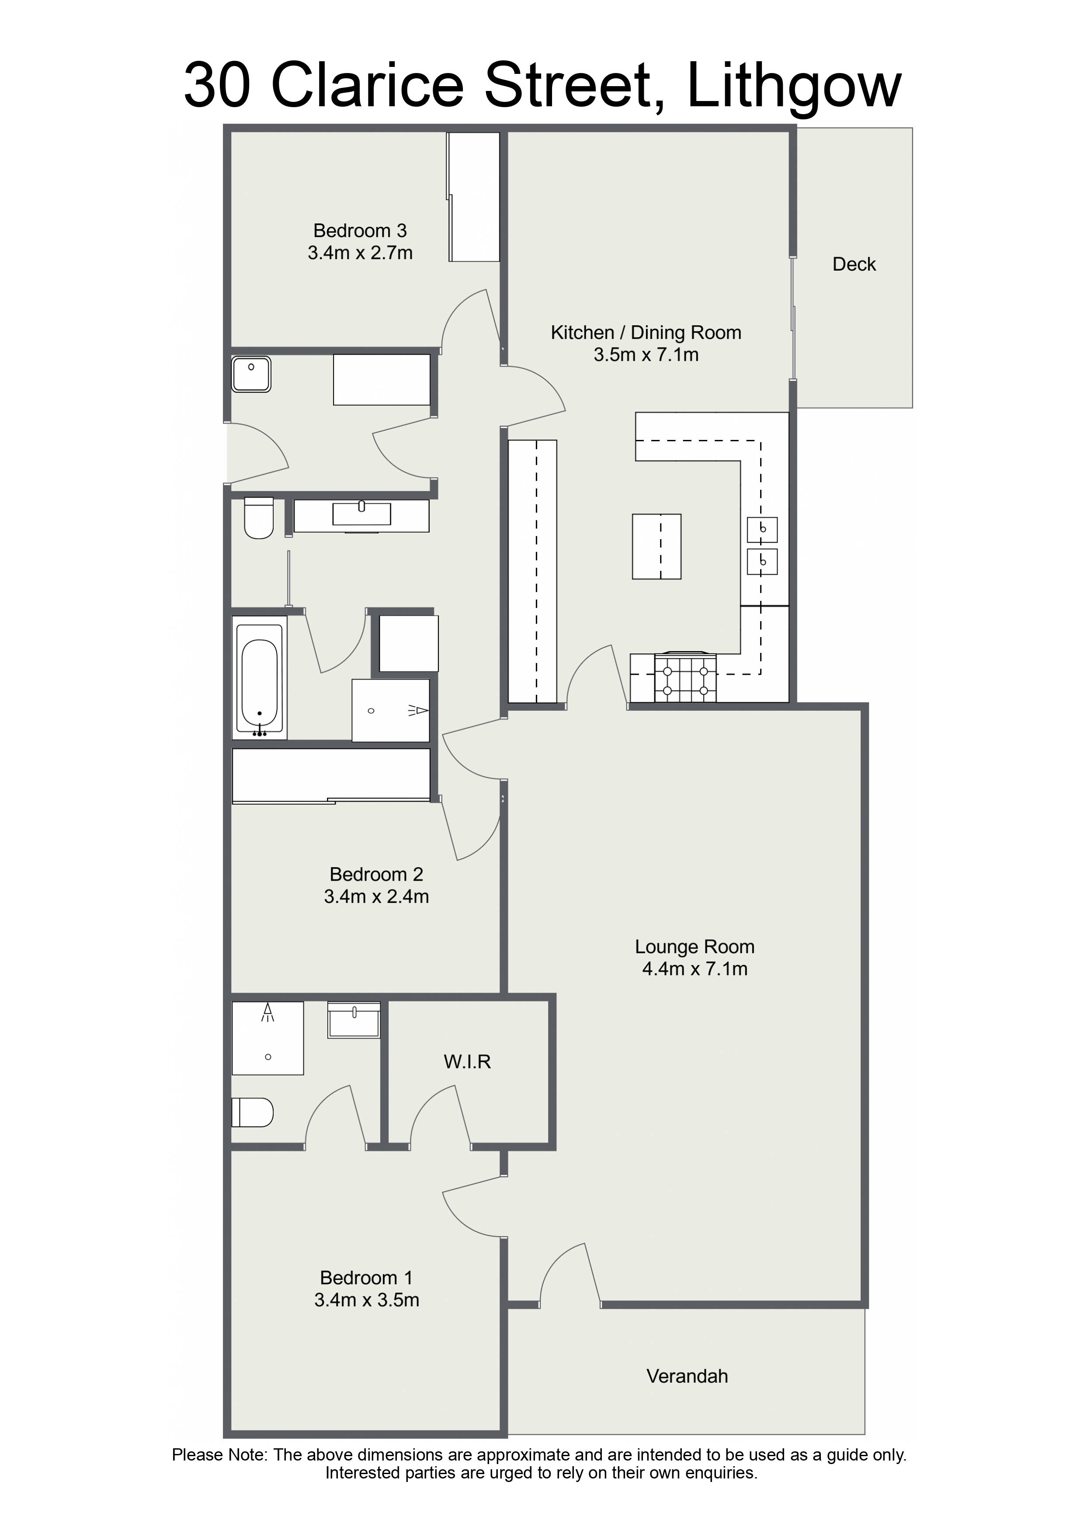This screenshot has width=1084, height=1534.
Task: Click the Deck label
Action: [854, 264]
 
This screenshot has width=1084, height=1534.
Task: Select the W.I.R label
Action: [467, 1062]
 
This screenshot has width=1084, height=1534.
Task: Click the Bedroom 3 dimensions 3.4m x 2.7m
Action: [360, 253]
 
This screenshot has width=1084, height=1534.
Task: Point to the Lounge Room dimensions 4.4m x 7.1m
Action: [695, 969]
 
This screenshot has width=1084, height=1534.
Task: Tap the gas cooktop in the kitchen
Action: [685, 677]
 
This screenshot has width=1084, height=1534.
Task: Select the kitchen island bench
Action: [657, 547]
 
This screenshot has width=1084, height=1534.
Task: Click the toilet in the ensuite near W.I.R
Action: [253, 1113]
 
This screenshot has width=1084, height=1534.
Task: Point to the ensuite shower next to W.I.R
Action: [268, 1038]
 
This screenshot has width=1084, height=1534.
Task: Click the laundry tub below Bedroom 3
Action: [251, 374]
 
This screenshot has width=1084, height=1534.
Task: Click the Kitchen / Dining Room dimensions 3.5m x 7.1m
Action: [646, 355]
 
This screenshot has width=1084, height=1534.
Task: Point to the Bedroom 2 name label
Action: [376, 875]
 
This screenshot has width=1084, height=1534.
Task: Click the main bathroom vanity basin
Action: [361, 514]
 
